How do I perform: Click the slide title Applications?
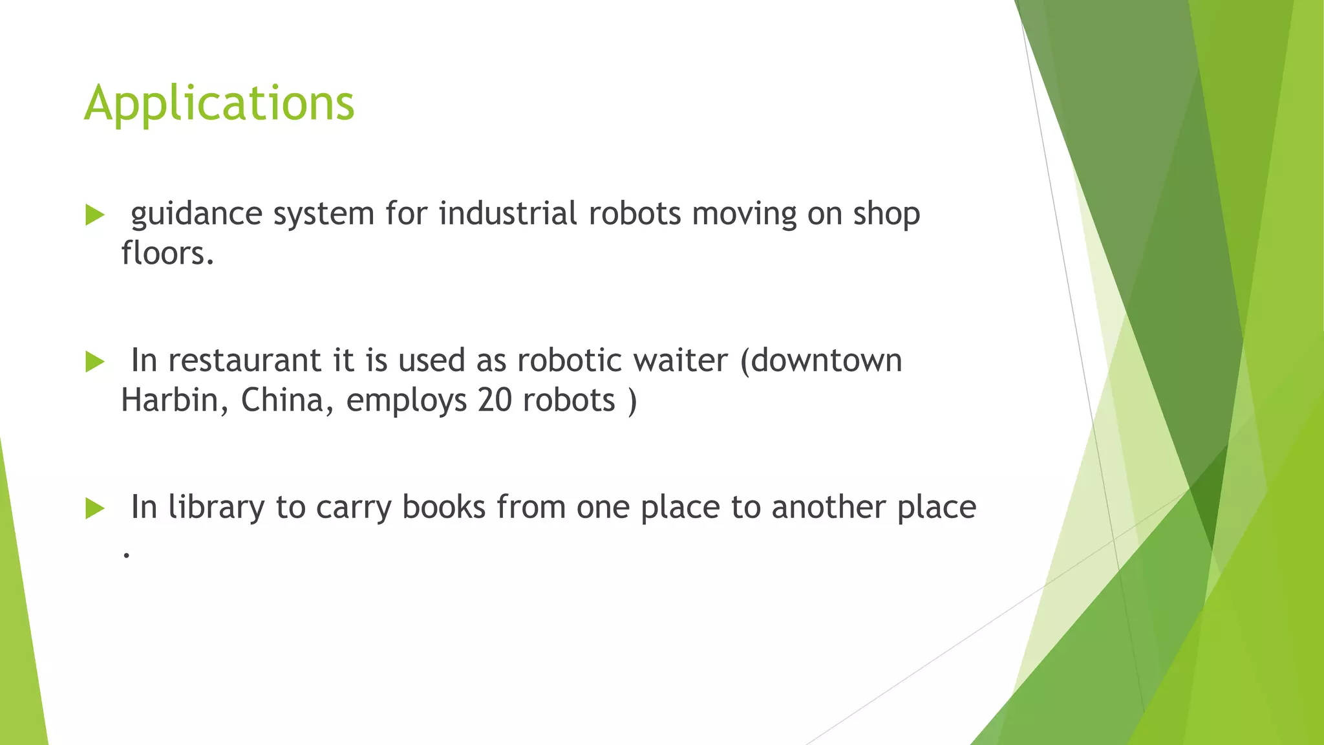(219, 103)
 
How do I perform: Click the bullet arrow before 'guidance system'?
(94, 215)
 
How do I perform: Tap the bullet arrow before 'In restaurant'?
(94, 362)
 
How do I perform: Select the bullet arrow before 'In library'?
(94, 509)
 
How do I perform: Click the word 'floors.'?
(167, 253)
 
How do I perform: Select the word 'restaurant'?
(244, 361)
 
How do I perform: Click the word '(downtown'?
(820, 361)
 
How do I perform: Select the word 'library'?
(216, 508)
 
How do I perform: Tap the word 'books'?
(443, 507)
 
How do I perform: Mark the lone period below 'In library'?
(126, 555)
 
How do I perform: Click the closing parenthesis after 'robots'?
(632, 401)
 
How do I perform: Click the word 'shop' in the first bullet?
(886, 215)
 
